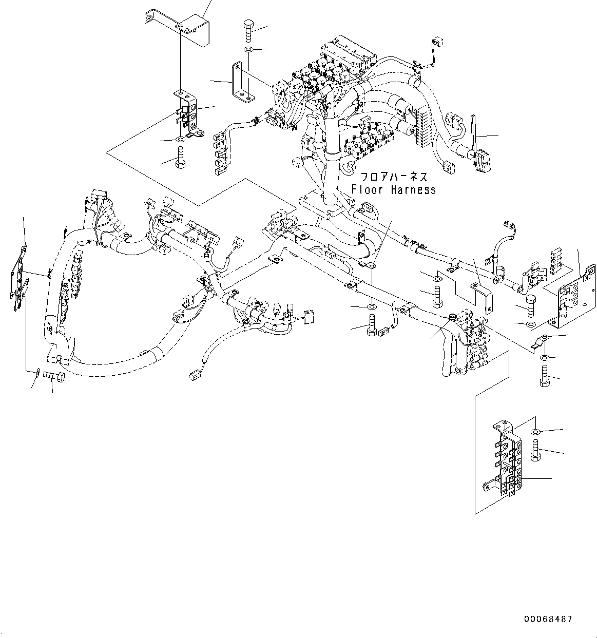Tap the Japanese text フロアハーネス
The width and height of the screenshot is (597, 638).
[x=394, y=177]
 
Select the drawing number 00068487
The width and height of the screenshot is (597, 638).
[x=548, y=620]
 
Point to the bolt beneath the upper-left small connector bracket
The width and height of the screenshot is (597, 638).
[x=180, y=156]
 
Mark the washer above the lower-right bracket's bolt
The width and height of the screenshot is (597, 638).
[x=535, y=432]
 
